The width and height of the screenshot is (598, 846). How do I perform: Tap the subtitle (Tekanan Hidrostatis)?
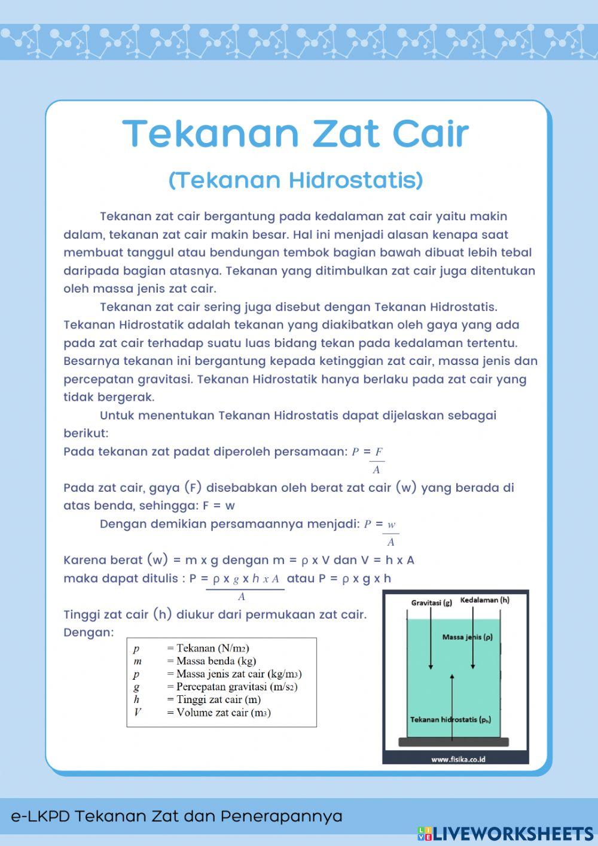click(296, 179)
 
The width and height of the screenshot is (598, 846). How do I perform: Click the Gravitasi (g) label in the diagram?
click(431, 602)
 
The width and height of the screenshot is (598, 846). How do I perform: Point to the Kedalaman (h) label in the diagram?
click(485, 599)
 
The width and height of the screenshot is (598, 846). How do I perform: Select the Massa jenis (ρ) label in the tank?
click(468, 637)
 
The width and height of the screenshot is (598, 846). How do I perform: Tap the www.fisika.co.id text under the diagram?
click(458, 759)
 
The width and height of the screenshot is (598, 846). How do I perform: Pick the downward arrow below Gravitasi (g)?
click(431, 640)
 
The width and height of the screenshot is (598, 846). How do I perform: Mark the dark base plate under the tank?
click(453, 742)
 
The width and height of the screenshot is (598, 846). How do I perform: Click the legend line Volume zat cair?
click(218, 713)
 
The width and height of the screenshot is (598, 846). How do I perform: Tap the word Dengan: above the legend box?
click(89, 632)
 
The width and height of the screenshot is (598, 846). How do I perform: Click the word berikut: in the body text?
click(86, 433)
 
